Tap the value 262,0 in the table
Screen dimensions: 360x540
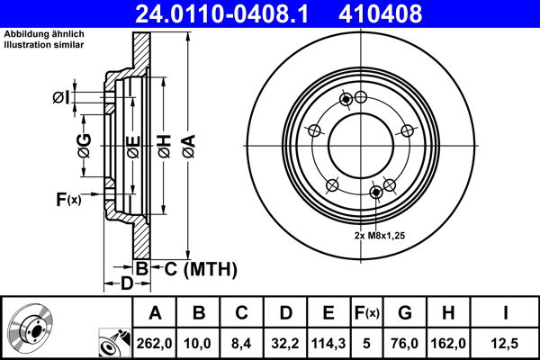click(155, 342)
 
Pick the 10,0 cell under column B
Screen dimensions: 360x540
click(200, 342)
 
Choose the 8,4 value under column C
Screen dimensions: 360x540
click(242, 342)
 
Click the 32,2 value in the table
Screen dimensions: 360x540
click(283, 342)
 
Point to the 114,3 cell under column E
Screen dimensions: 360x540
click(328, 342)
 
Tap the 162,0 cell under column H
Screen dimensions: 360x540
click(449, 342)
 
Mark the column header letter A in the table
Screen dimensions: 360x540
click(155, 313)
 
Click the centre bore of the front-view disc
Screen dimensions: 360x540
click(360, 144)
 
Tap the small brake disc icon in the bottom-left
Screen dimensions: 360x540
click(31, 328)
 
